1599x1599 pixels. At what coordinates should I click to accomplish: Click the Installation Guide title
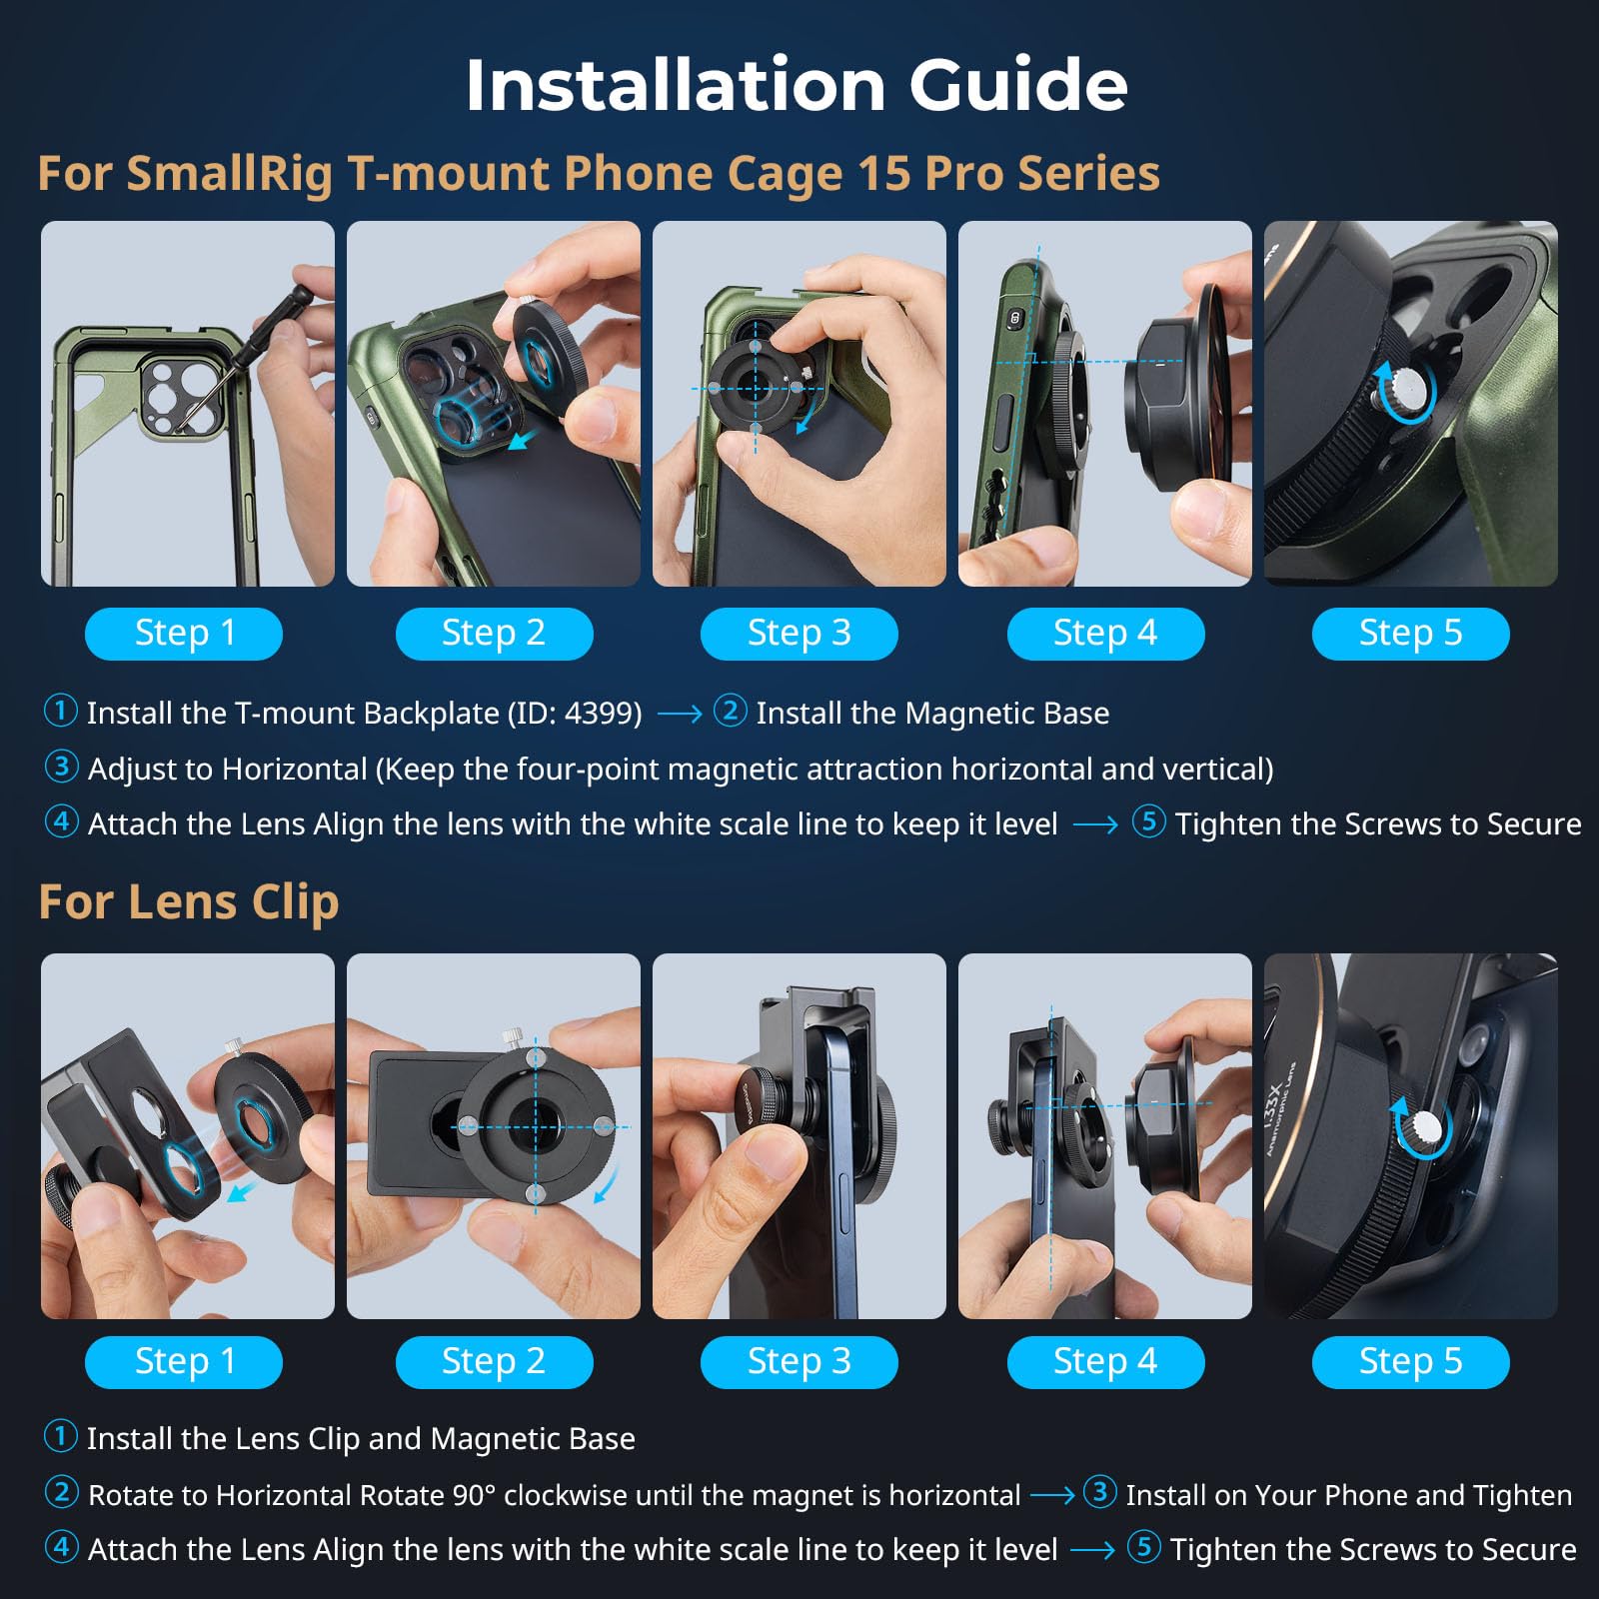pyautogui.click(x=797, y=84)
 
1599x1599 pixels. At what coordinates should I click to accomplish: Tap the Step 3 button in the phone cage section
pyautogui.click(x=799, y=633)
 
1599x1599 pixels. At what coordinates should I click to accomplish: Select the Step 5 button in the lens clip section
pyautogui.click(x=1410, y=1361)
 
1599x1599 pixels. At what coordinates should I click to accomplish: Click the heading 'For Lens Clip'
pyautogui.click(x=189, y=901)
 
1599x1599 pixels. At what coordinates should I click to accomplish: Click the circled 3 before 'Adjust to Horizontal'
pyautogui.click(x=61, y=767)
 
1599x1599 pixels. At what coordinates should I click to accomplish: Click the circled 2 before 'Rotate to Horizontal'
pyautogui.click(x=61, y=1493)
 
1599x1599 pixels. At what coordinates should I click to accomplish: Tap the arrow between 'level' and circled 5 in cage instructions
pyautogui.click(x=1094, y=825)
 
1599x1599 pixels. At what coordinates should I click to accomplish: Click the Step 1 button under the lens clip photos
pyautogui.click(x=184, y=1361)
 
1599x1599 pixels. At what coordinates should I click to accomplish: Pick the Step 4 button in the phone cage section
pyautogui.click(x=1105, y=633)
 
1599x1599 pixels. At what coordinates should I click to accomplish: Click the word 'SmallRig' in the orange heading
pyautogui.click(x=229, y=173)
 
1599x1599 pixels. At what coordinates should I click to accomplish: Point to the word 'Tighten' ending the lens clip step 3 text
pyautogui.click(x=1522, y=1495)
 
